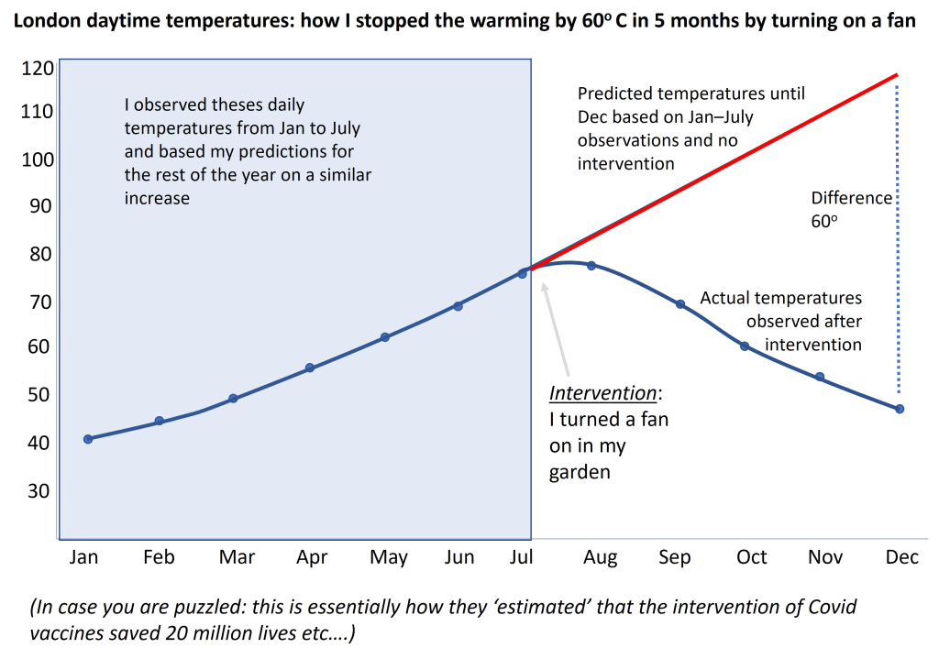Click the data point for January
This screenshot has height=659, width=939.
pos(88,439)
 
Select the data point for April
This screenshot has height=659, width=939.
pos(310,368)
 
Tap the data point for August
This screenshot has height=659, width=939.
pos(591,266)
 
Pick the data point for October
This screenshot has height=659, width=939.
pos(745,346)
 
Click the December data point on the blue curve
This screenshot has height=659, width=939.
pos(900,409)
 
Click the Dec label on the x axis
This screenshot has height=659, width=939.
pos(900,557)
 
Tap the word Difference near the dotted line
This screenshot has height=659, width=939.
pos(851,198)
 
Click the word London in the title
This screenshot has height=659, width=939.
pos(43,22)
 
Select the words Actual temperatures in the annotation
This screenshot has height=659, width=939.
pos(780,298)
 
